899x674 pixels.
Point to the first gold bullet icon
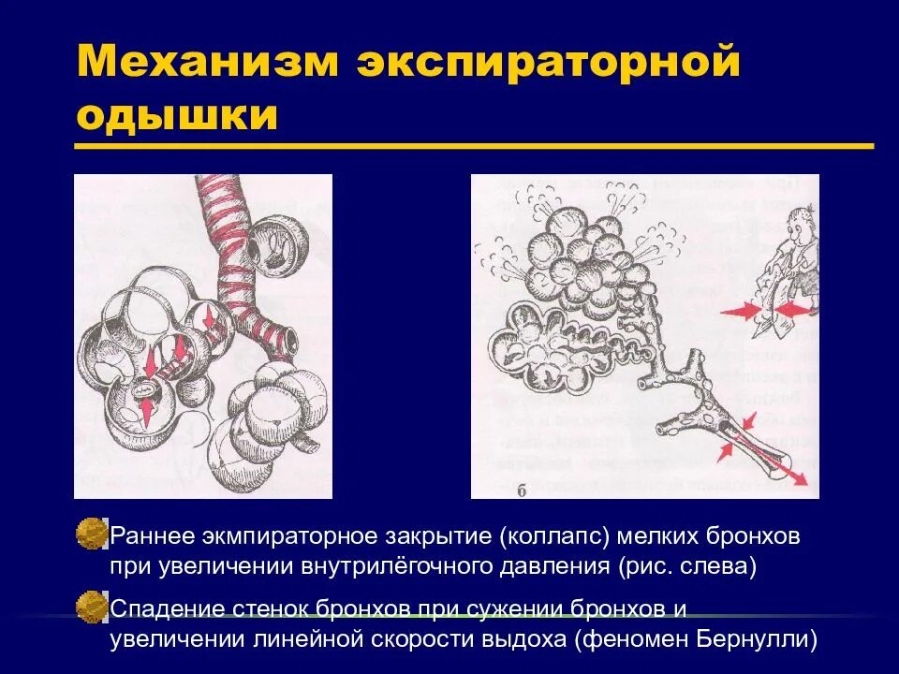coord(91,535)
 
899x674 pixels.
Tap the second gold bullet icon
coord(91,606)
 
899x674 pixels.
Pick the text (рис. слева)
coord(686,567)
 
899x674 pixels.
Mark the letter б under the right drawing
coord(521,489)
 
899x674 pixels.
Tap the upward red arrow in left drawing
coord(147,407)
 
